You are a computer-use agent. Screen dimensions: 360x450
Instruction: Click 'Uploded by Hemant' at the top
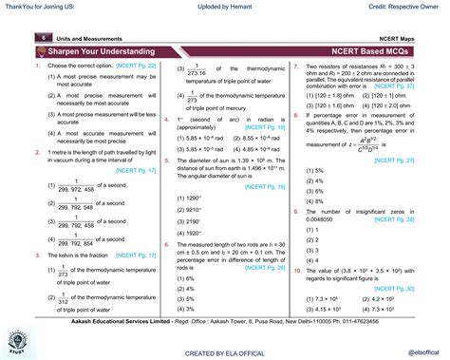point(224,8)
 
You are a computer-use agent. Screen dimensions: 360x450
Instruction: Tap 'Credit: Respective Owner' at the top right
point(402,8)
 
